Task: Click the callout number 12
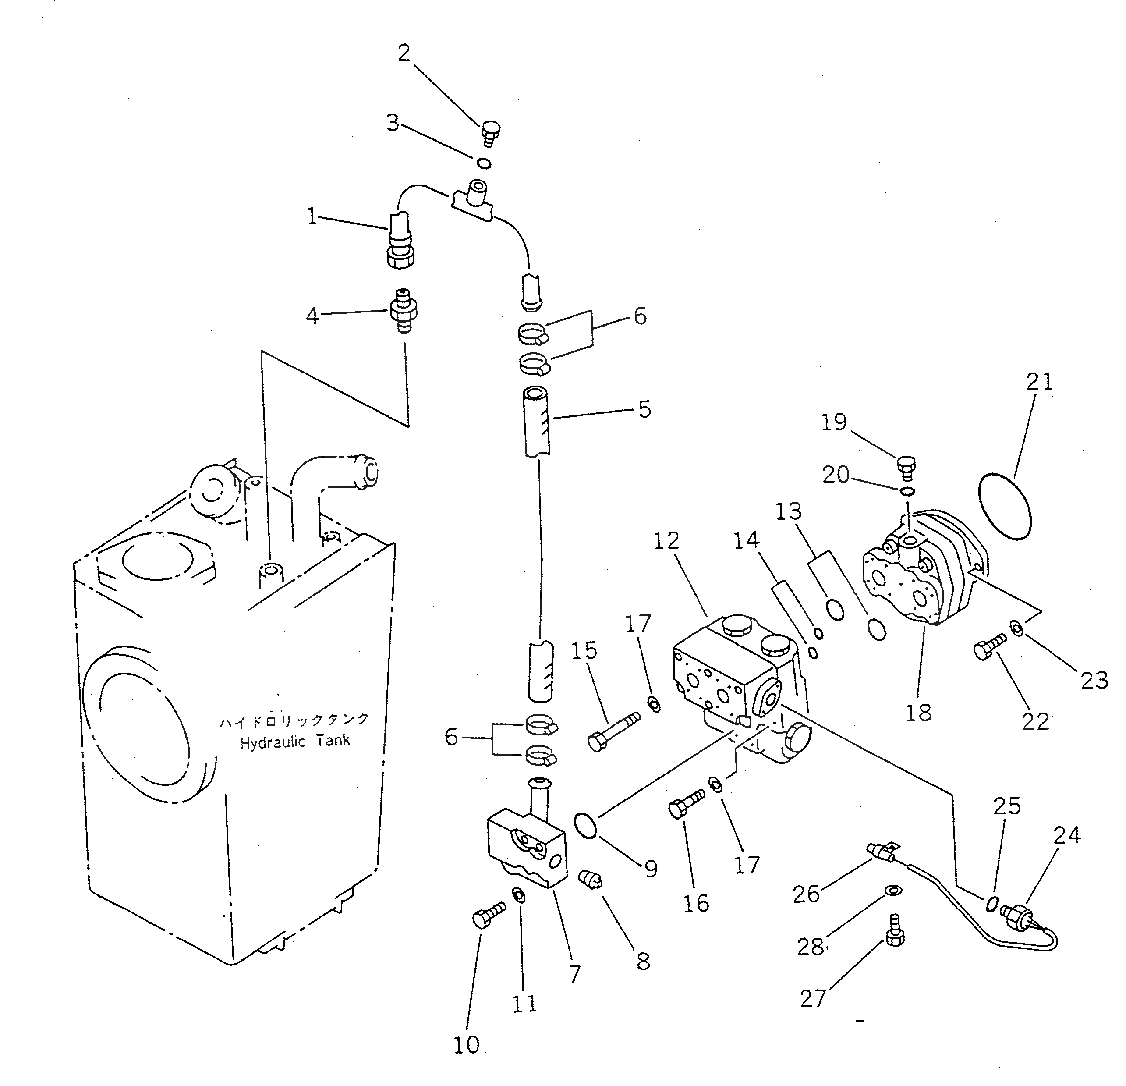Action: click(x=666, y=541)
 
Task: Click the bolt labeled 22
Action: click(x=989, y=646)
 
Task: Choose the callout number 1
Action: click(x=312, y=217)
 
